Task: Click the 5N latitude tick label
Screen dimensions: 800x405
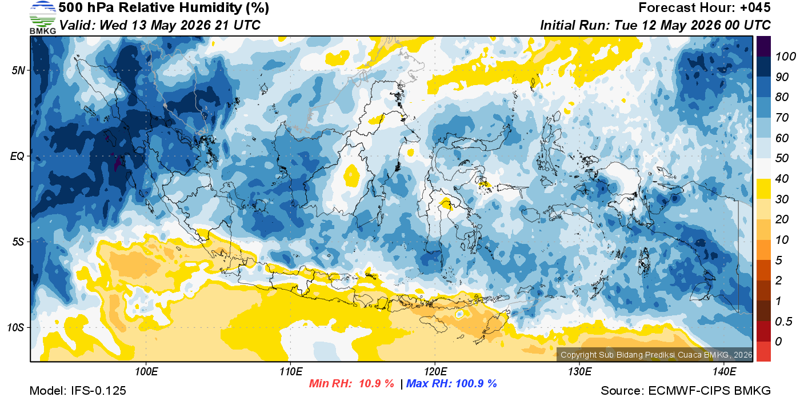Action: [18, 70]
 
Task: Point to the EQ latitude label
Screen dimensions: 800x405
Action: [17, 157]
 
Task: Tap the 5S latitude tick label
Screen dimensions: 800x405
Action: [18, 242]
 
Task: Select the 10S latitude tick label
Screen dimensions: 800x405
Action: [16, 328]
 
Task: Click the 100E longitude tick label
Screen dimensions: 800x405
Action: [146, 372]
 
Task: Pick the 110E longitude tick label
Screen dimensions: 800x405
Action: [291, 372]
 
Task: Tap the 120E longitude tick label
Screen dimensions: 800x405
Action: [435, 372]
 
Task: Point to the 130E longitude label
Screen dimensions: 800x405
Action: [579, 372]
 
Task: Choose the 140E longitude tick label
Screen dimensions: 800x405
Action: [725, 372]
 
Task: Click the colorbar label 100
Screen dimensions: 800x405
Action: [785, 57]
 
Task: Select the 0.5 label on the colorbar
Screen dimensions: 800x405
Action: [783, 322]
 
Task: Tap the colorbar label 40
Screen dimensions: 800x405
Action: [782, 179]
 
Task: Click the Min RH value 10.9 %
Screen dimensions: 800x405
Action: [377, 384]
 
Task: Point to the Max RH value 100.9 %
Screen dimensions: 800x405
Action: [477, 384]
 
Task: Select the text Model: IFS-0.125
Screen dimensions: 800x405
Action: [78, 391]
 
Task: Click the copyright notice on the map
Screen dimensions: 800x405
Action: [656, 355]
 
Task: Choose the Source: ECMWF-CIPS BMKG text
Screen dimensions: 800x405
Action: [686, 391]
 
